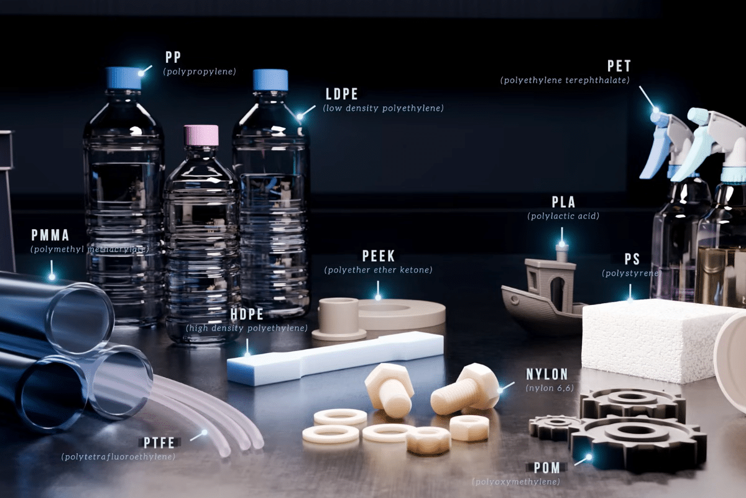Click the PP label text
[173, 57]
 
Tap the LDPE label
[342, 94]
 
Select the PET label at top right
[619, 66]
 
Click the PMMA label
[50, 235]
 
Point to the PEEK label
[379, 256]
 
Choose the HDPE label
[247, 314]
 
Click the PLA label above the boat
[563, 202]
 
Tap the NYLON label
[547, 374]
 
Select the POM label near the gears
[547, 467]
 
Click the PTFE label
[159, 443]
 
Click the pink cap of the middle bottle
[201, 136]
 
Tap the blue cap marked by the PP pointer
[124, 78]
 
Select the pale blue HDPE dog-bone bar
[334, 358]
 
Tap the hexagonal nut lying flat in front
[428, 440]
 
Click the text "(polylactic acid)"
[563, 216]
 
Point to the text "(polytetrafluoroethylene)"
[118, 457]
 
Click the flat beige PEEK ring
[402, 314]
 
